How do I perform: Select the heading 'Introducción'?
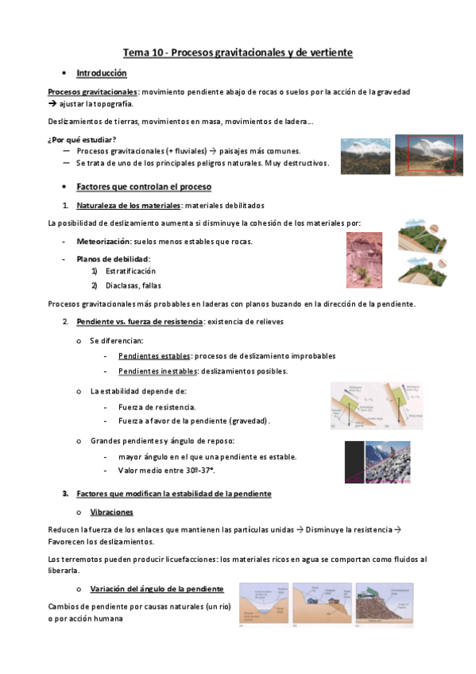[x=101, y=73]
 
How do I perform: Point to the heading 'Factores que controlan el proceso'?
[x=144, y=187]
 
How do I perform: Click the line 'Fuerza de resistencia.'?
[x=157, y=406]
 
